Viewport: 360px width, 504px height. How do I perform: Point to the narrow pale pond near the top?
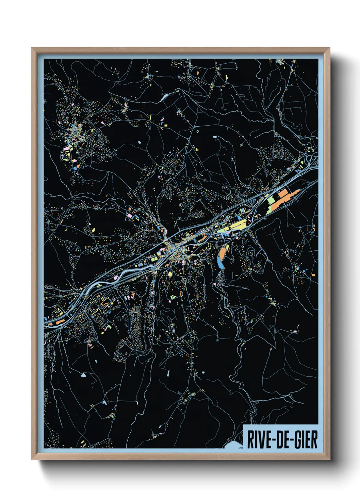click(164, 97)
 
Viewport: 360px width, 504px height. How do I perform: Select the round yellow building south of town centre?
click(170, 274)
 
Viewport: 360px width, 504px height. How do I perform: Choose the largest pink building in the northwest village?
click(66, 149)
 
